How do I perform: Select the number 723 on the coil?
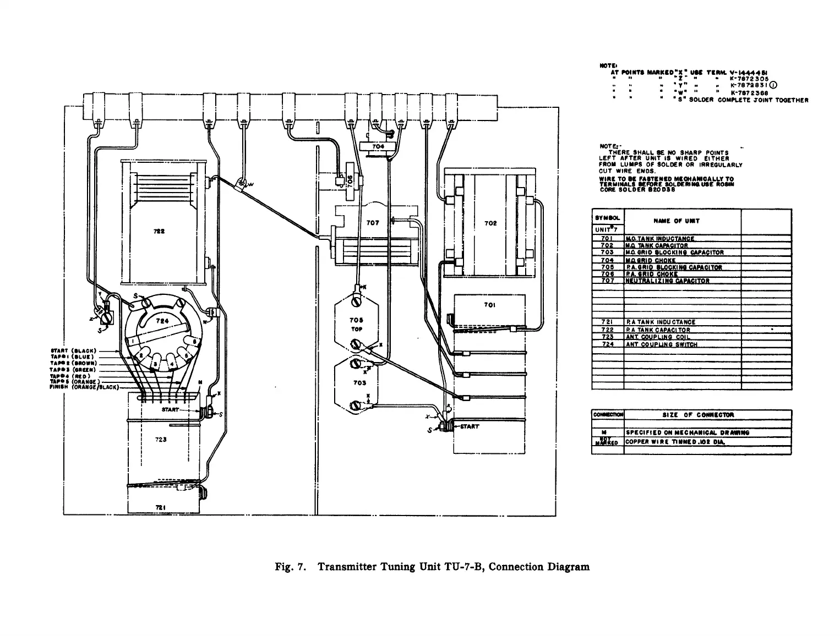161,440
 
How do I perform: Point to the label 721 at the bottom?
161,507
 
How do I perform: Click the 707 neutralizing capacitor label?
373,223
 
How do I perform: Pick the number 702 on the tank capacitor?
490,223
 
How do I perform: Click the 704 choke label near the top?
378,147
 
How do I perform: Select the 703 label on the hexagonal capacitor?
359,383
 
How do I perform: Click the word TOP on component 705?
356,329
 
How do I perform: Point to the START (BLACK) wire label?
74,351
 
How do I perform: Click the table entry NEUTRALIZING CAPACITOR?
667,281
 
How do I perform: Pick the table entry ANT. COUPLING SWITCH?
661,344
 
